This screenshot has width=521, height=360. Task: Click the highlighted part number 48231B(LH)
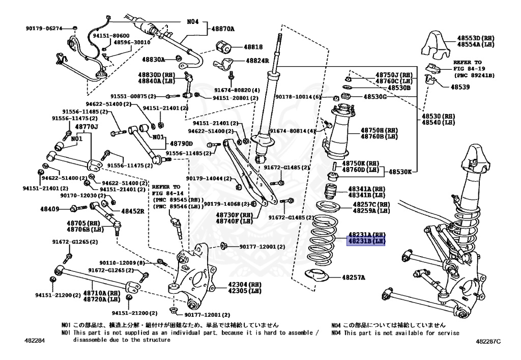click(366, 241)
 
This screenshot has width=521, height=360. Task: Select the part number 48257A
click(353, 278)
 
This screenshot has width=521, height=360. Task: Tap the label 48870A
click(223, 29)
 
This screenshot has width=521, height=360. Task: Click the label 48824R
click(257, 61)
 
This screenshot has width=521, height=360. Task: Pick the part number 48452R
click(132, 211)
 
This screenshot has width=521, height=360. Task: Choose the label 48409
click(50, 209)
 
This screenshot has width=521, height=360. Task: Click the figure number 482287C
click(488, 341)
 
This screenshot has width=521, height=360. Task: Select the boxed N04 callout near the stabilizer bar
click(192, 22)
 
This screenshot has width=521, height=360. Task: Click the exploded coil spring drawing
click(322, 241)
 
